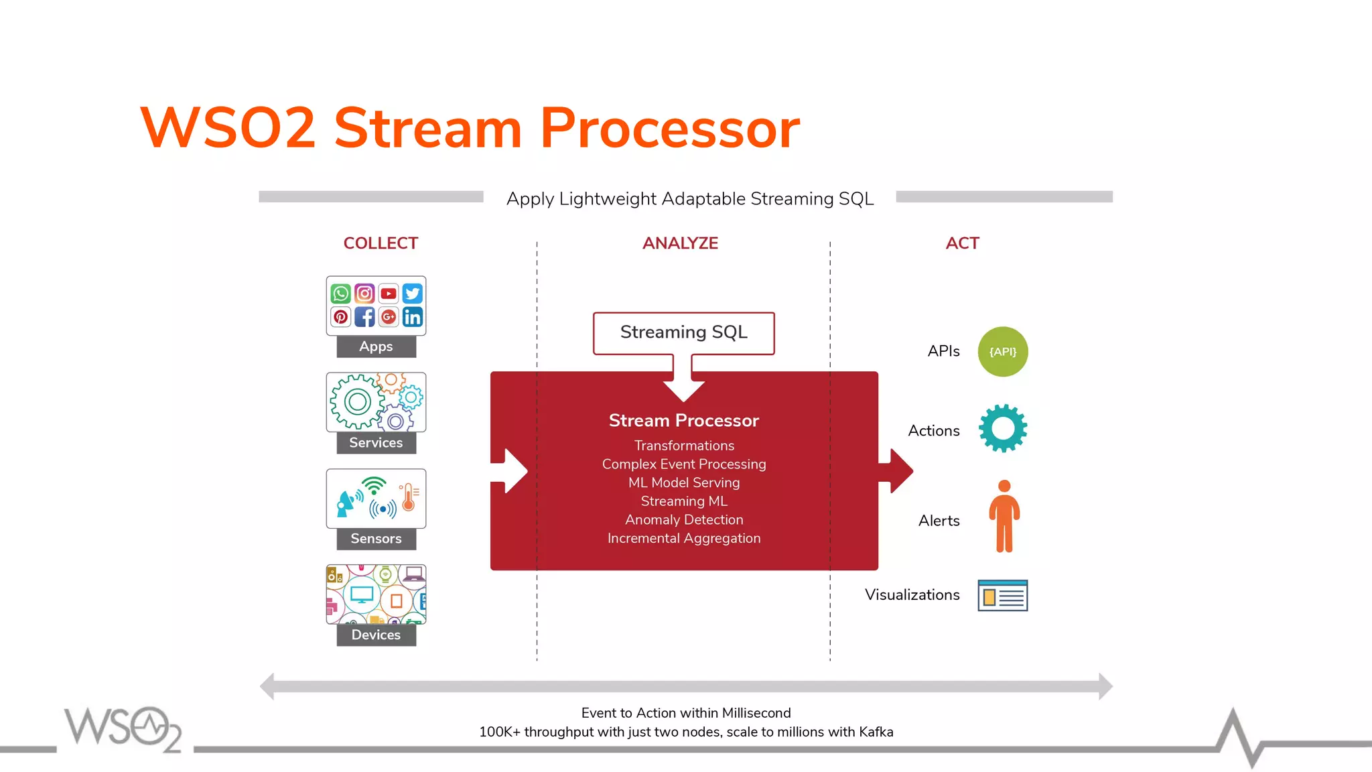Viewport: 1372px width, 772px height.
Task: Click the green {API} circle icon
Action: tap(1003, 352)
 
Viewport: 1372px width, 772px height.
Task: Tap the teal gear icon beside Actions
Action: tap(1003, 429)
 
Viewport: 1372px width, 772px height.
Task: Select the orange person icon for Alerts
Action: tap(1004, 517)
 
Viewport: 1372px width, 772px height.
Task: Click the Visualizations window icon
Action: tap(1002, 595)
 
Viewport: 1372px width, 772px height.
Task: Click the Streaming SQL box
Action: tap(683, 332)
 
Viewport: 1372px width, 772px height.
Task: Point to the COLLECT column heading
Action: tap(381, 243)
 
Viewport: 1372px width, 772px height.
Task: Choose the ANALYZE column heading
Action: tap(680, 243)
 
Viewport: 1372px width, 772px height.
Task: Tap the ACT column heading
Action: tap(962, 243)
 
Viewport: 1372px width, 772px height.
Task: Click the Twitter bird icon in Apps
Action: tap(413, 294)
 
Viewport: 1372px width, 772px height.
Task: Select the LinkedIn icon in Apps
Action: tap(413, 317)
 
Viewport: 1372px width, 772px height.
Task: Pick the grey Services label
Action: tap(376, 443)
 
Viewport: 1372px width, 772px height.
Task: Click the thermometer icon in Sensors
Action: tap(409, 497)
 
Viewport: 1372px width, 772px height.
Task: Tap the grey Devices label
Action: tap(376, 635)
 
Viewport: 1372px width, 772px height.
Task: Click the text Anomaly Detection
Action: tap(684, 520)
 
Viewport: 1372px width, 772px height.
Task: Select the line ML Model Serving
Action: tap(684, 482)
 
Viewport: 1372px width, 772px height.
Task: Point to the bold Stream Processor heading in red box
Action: tap(683, 421)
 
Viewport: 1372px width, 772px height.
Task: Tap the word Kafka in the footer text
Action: tap(876, 732)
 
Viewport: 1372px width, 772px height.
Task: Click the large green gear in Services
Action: tap(357, 402)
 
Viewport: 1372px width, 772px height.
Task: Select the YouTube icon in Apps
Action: tap(389, 294)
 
